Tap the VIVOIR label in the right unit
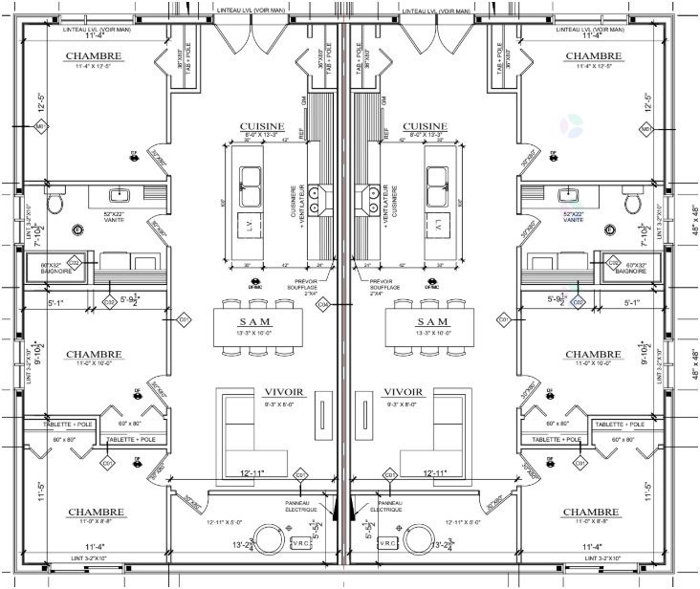[403, 392]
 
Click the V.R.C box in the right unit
[387, 542]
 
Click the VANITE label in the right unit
[573, 219]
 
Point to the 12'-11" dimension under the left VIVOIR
[252, 472]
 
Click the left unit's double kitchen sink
[251, 179]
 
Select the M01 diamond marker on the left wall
[41, 127]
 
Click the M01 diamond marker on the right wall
[645, 127]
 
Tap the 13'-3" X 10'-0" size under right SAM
[432, 334]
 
